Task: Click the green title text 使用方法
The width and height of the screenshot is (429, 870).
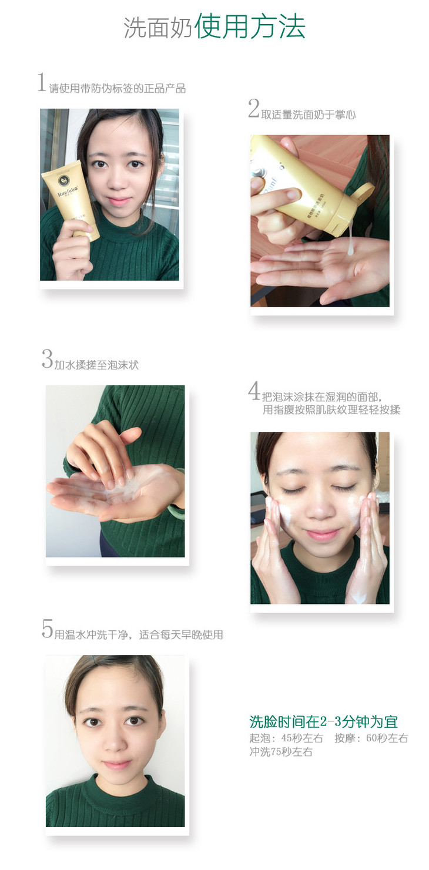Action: (x=250, y=27)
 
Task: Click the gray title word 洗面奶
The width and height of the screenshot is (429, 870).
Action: (x=158, y=28)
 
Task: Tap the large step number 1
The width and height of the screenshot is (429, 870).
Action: (x=42, y=82)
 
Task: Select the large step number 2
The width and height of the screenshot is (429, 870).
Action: (x=254, y=108)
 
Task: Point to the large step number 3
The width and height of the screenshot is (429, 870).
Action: (x=48, y=358)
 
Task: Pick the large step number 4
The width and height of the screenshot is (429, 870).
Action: (x=254, y=390)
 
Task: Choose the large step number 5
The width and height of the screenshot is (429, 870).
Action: (x=48, y=629)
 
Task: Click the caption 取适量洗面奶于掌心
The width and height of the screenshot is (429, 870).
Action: (x=309, y=114)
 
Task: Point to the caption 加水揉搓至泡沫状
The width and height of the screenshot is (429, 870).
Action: (x=96, y=365)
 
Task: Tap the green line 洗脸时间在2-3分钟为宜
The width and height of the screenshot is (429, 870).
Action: (x=324, y=721)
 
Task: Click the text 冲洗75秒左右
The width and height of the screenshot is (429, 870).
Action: (x=281, y=751)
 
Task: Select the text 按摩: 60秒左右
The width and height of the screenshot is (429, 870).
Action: (x=371, y=738)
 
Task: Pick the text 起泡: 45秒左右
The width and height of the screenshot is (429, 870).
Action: (x=286, y=738)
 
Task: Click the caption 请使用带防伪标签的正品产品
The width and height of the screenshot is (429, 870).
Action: (x=118, y=88)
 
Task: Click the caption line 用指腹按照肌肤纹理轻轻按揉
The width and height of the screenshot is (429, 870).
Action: (x=331, y=409)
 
